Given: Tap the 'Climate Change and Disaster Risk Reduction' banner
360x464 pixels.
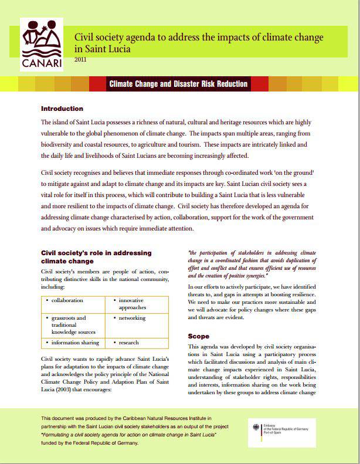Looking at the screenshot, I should coord(178,84).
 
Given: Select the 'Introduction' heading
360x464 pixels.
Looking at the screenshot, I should coord(62,109).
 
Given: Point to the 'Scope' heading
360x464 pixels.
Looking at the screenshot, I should coord(198,336).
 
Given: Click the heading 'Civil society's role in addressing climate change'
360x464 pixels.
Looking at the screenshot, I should coord(96,256).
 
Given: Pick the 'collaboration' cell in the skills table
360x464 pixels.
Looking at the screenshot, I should coord(67,300).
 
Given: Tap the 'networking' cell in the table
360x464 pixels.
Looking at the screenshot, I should coord(133,318).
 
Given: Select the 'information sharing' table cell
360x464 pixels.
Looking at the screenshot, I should coord(74,342).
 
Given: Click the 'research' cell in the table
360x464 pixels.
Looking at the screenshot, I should coord(128,342).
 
